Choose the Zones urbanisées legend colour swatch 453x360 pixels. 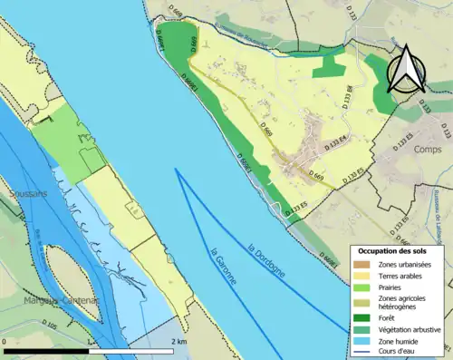361,263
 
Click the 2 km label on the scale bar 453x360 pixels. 178,342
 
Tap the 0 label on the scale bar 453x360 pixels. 5,342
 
